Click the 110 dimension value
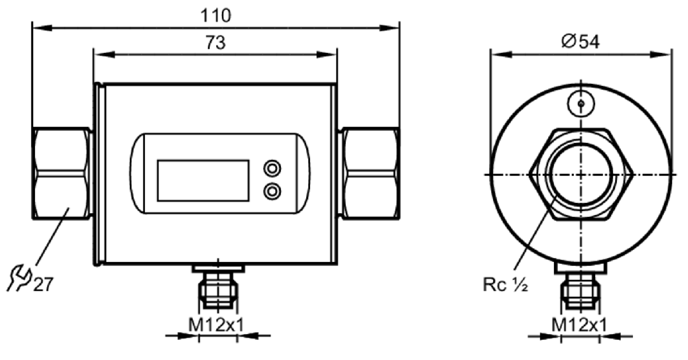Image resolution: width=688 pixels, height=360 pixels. click(216, 15)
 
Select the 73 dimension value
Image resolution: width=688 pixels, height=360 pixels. click(216, 42)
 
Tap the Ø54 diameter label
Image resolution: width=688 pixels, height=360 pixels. click(580, 42)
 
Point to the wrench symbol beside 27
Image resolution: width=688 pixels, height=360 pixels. click(19, 277)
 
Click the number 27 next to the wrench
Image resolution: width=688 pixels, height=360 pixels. click(44, 284)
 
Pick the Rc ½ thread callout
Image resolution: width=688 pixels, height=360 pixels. click(505, 284)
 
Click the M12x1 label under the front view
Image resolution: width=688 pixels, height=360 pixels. click(216, 324)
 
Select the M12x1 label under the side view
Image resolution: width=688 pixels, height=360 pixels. click(579, 324)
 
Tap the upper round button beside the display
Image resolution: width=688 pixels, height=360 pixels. click(272, 169)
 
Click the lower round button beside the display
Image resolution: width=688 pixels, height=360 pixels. click(272, 191)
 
